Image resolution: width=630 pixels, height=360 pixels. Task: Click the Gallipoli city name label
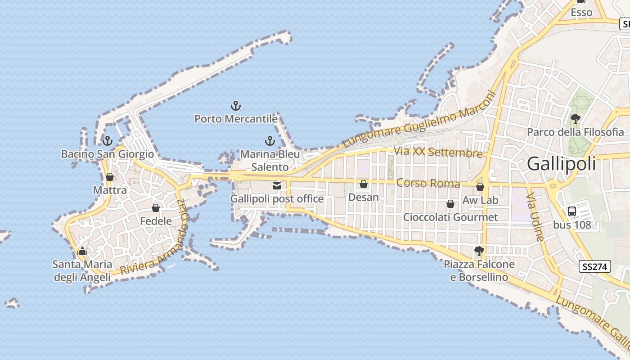pyautogui.click(x=561, y=163)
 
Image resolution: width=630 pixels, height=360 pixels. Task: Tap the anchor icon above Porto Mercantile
pyautogui.click(x=235, y=106)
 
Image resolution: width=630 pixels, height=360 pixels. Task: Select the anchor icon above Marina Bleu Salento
pyautogui.click(x=270, y=141)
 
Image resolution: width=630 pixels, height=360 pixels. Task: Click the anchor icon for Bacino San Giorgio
pyautogui.click(x=107, y=141)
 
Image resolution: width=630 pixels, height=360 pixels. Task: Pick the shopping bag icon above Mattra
pyautogui.click(x=109, y=177)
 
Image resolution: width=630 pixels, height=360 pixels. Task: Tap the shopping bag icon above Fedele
pyautogui.click(x=156, y=208)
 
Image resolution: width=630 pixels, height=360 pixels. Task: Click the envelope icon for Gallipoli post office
pyautogui.click(x=277, y=185)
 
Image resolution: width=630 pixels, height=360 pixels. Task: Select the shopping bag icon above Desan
pyautogui.click(x=364, y=184)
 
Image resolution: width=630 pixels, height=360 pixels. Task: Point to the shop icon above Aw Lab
pyautogui.click(x=480, y=187)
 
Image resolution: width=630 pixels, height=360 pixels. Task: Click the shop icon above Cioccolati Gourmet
pyautogui.click(x=450, y=204)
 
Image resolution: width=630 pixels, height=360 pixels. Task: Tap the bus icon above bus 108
pyautogui.click(x=572, y=211)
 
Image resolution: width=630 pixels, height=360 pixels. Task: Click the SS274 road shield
pyautogui.click(x=594, y=266)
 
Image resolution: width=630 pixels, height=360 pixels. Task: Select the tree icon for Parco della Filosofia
pyautogui.click(x=575, y=119)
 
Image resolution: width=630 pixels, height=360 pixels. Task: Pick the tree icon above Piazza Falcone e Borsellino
pyautogui.click(x=479, y=251)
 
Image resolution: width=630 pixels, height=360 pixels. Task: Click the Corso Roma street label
pyautogui.click(x=428, y=184)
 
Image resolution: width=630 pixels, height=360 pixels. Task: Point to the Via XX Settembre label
pyautogui.click(x=438, y=152)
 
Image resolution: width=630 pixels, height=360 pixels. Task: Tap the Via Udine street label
pyautogui.click(x=535, y=217)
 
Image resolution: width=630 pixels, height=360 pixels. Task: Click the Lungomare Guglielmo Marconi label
pyautogui.click(x=418, y=120)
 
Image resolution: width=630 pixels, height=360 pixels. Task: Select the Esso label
pyautogui.click(x=581, y=13)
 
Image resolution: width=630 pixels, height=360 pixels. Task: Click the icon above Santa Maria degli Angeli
pyautogui.click(x=82, y=251)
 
